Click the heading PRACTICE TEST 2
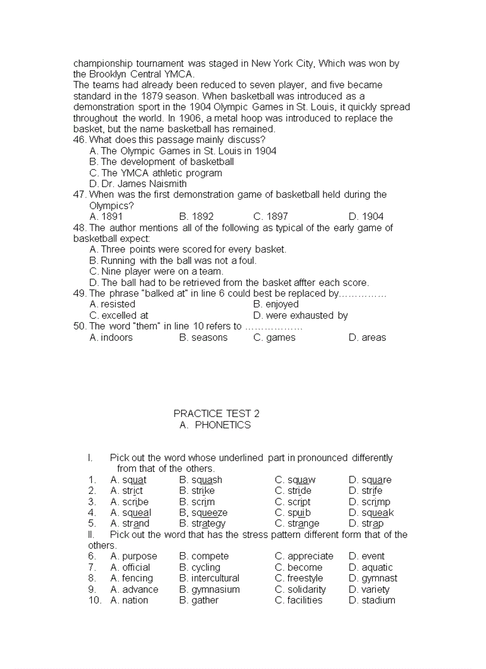click(x=216, y=413)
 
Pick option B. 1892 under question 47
click(x=196, y=216)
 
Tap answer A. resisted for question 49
click(x=112, y=304)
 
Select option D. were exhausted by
click(x=300, y=315)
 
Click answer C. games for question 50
click(x=274, y=337)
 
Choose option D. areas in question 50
click(x=367, y=337)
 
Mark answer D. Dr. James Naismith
click(x=138, y=183)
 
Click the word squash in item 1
click(x=207, y=480)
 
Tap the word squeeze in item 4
click(x=209, y=512)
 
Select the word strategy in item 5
click(x=208, y=524)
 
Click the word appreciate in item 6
click(x=310, y=556)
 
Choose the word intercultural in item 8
click(x=215, y=578)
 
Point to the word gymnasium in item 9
click(x=216, y=589)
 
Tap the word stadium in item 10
click(x=378, y=600)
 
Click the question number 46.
click(x=80, y=139)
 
